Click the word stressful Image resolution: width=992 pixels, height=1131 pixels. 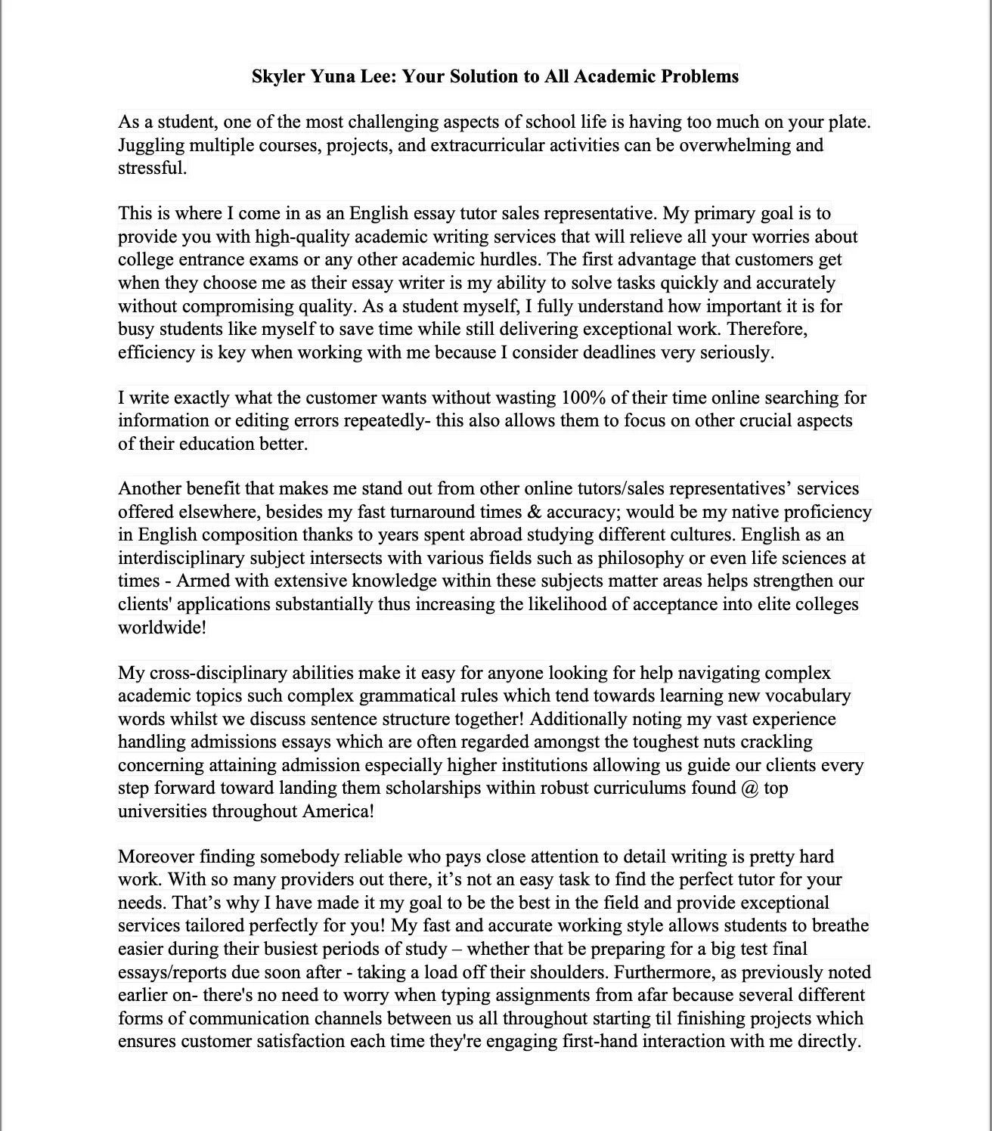coord(152,168)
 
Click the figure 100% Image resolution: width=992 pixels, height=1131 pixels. coord(583,398)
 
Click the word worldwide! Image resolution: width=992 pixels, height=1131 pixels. coord(163,627)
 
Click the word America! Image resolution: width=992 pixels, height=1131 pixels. coord(338,811)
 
